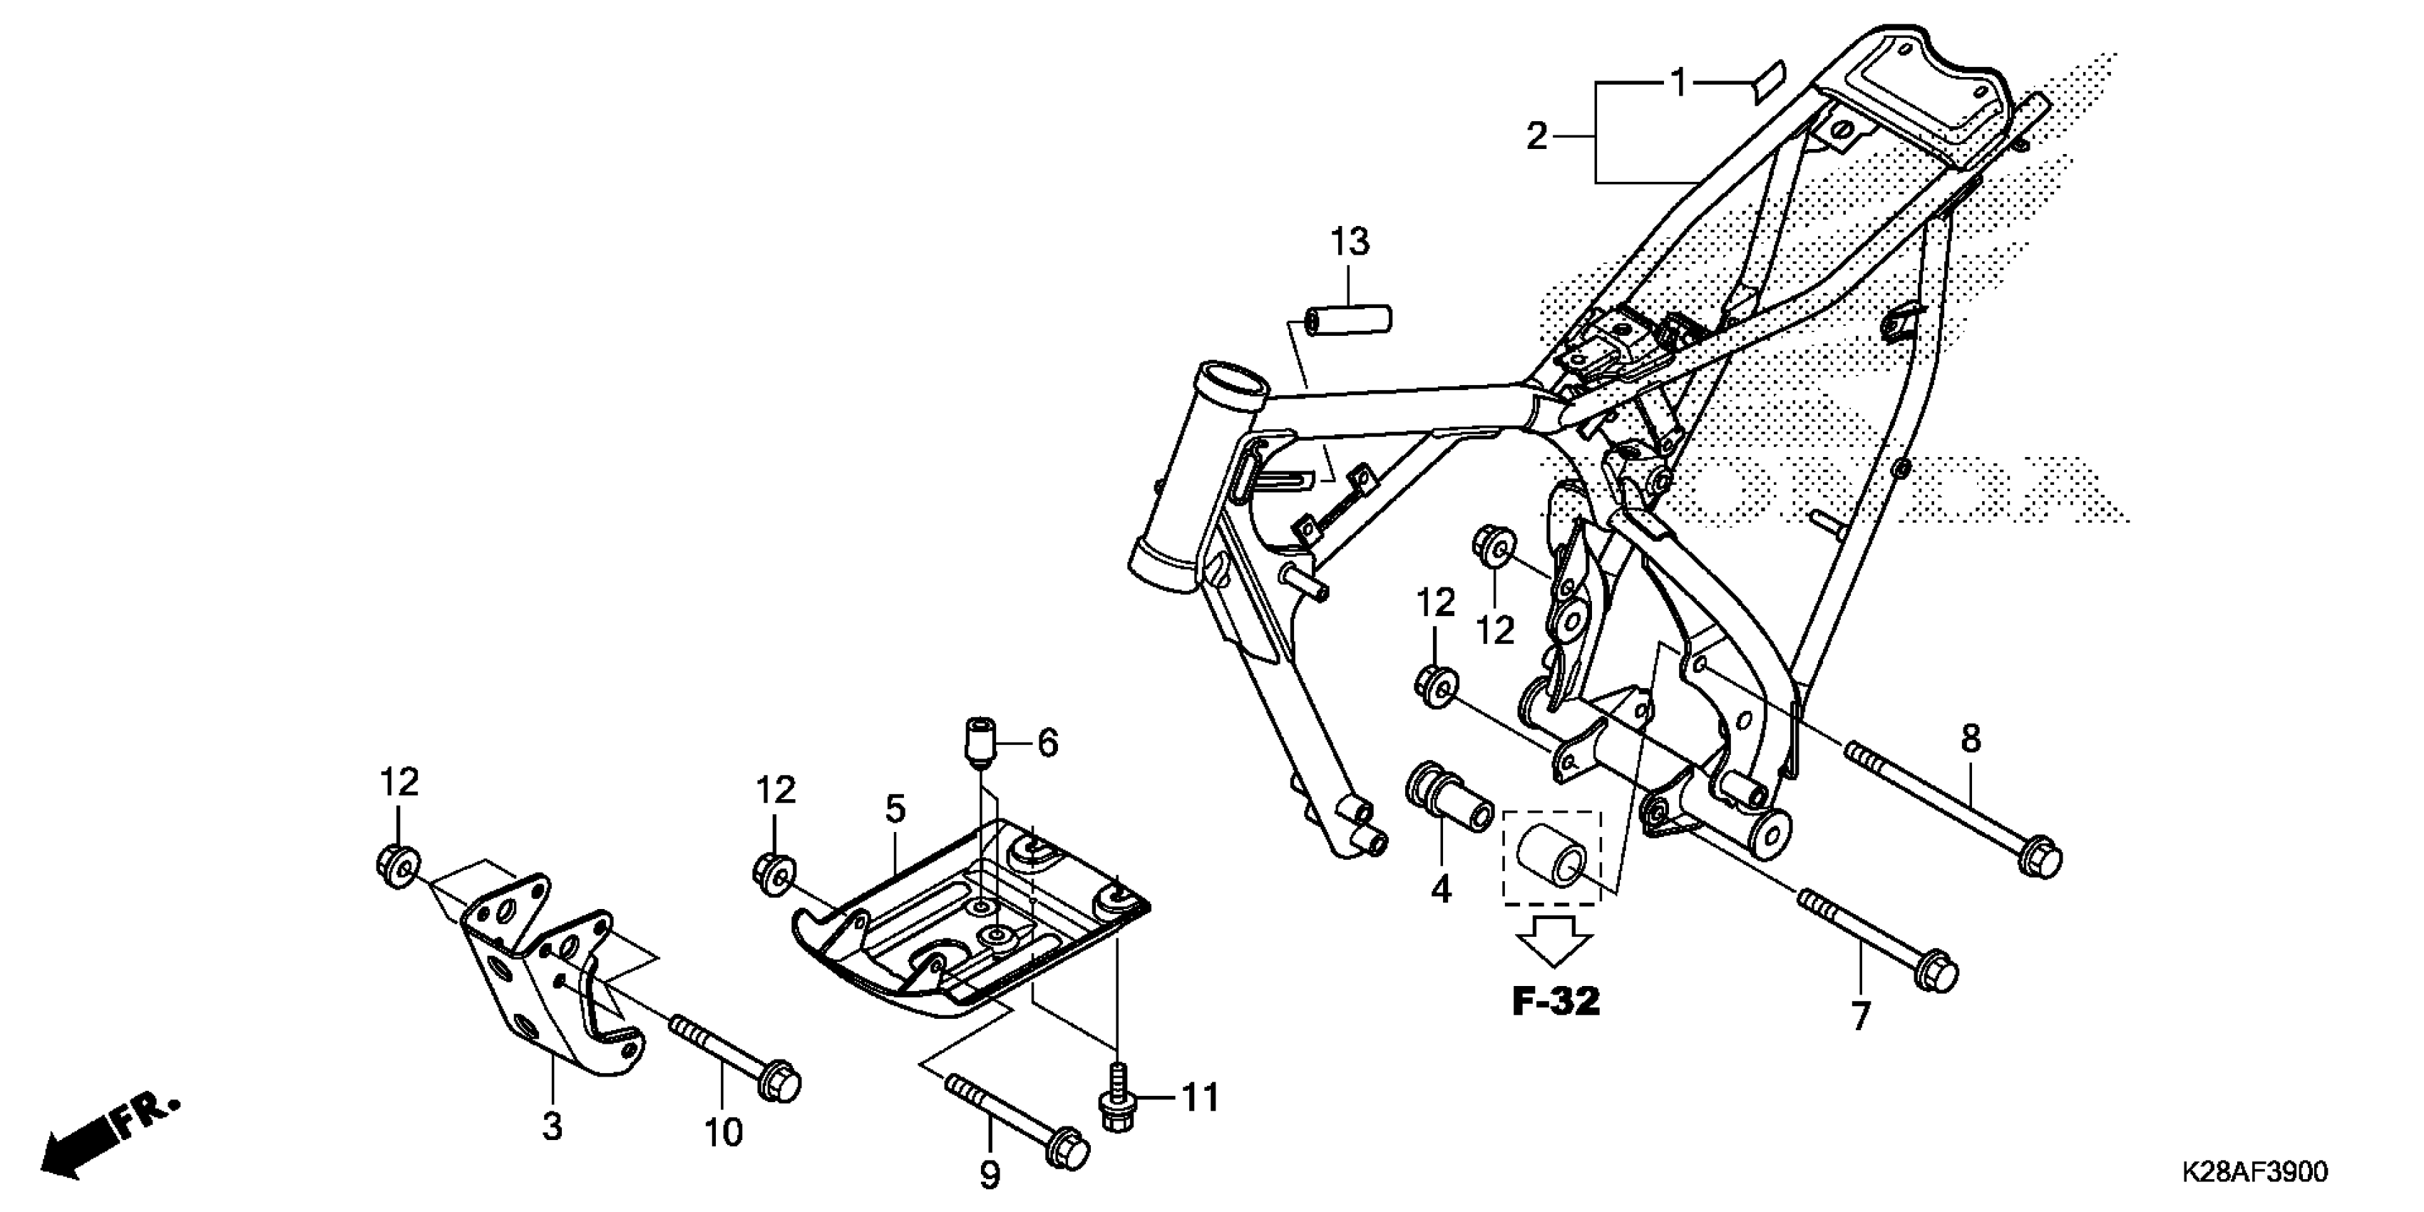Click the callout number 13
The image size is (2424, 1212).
1350,243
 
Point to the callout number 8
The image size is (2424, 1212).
1971,739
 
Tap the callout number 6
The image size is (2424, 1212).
1047,744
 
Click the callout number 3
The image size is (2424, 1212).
553,1126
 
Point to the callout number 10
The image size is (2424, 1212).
724,1132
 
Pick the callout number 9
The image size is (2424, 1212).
989,1174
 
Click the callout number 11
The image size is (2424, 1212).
1200,1097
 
